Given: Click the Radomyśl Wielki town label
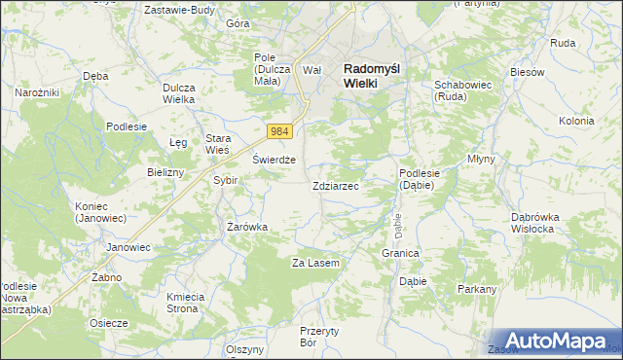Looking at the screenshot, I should coord(374,76).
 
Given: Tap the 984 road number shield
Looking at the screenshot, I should coord(280,131).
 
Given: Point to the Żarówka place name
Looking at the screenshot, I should coord(247,227).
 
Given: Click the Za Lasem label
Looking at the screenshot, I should coord(315,263).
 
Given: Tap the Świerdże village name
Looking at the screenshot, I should coord(274,161).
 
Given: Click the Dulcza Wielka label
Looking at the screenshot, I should coord(179,93).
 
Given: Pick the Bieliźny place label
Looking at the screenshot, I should coord(165,172).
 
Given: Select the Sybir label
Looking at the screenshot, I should coord(225,180).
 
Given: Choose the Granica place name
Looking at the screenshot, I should coord(400,253).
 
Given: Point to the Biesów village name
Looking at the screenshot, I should coord(526,72).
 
